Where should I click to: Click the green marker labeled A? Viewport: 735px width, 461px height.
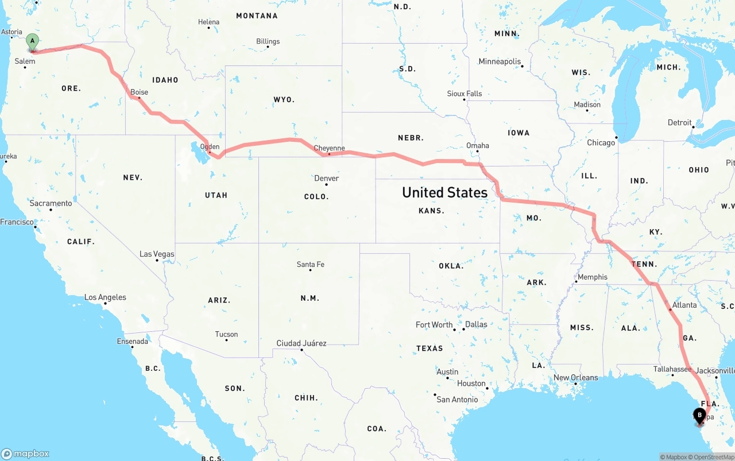33,41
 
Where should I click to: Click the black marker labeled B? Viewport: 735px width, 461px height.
699,416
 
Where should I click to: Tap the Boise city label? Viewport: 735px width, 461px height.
139,92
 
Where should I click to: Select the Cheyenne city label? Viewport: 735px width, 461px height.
329,148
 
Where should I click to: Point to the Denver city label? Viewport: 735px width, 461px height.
326,178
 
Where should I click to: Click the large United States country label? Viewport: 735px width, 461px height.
444,192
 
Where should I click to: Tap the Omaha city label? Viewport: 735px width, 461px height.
478,145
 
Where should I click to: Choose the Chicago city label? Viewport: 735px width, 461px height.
601,142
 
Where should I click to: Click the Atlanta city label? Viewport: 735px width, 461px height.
684,305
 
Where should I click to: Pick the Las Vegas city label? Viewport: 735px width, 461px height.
157,254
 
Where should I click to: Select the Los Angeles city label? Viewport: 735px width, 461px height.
105,297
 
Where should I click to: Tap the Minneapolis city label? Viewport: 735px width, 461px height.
500,61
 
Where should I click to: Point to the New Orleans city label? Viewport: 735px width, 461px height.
575,377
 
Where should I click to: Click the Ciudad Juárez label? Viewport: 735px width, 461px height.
301,343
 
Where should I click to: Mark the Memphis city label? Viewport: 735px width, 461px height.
592,277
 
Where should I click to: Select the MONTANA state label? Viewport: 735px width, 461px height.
257,16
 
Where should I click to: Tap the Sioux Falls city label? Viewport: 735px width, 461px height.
465,94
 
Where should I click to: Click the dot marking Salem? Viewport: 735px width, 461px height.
25,68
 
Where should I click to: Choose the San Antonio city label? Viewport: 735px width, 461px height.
457,399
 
